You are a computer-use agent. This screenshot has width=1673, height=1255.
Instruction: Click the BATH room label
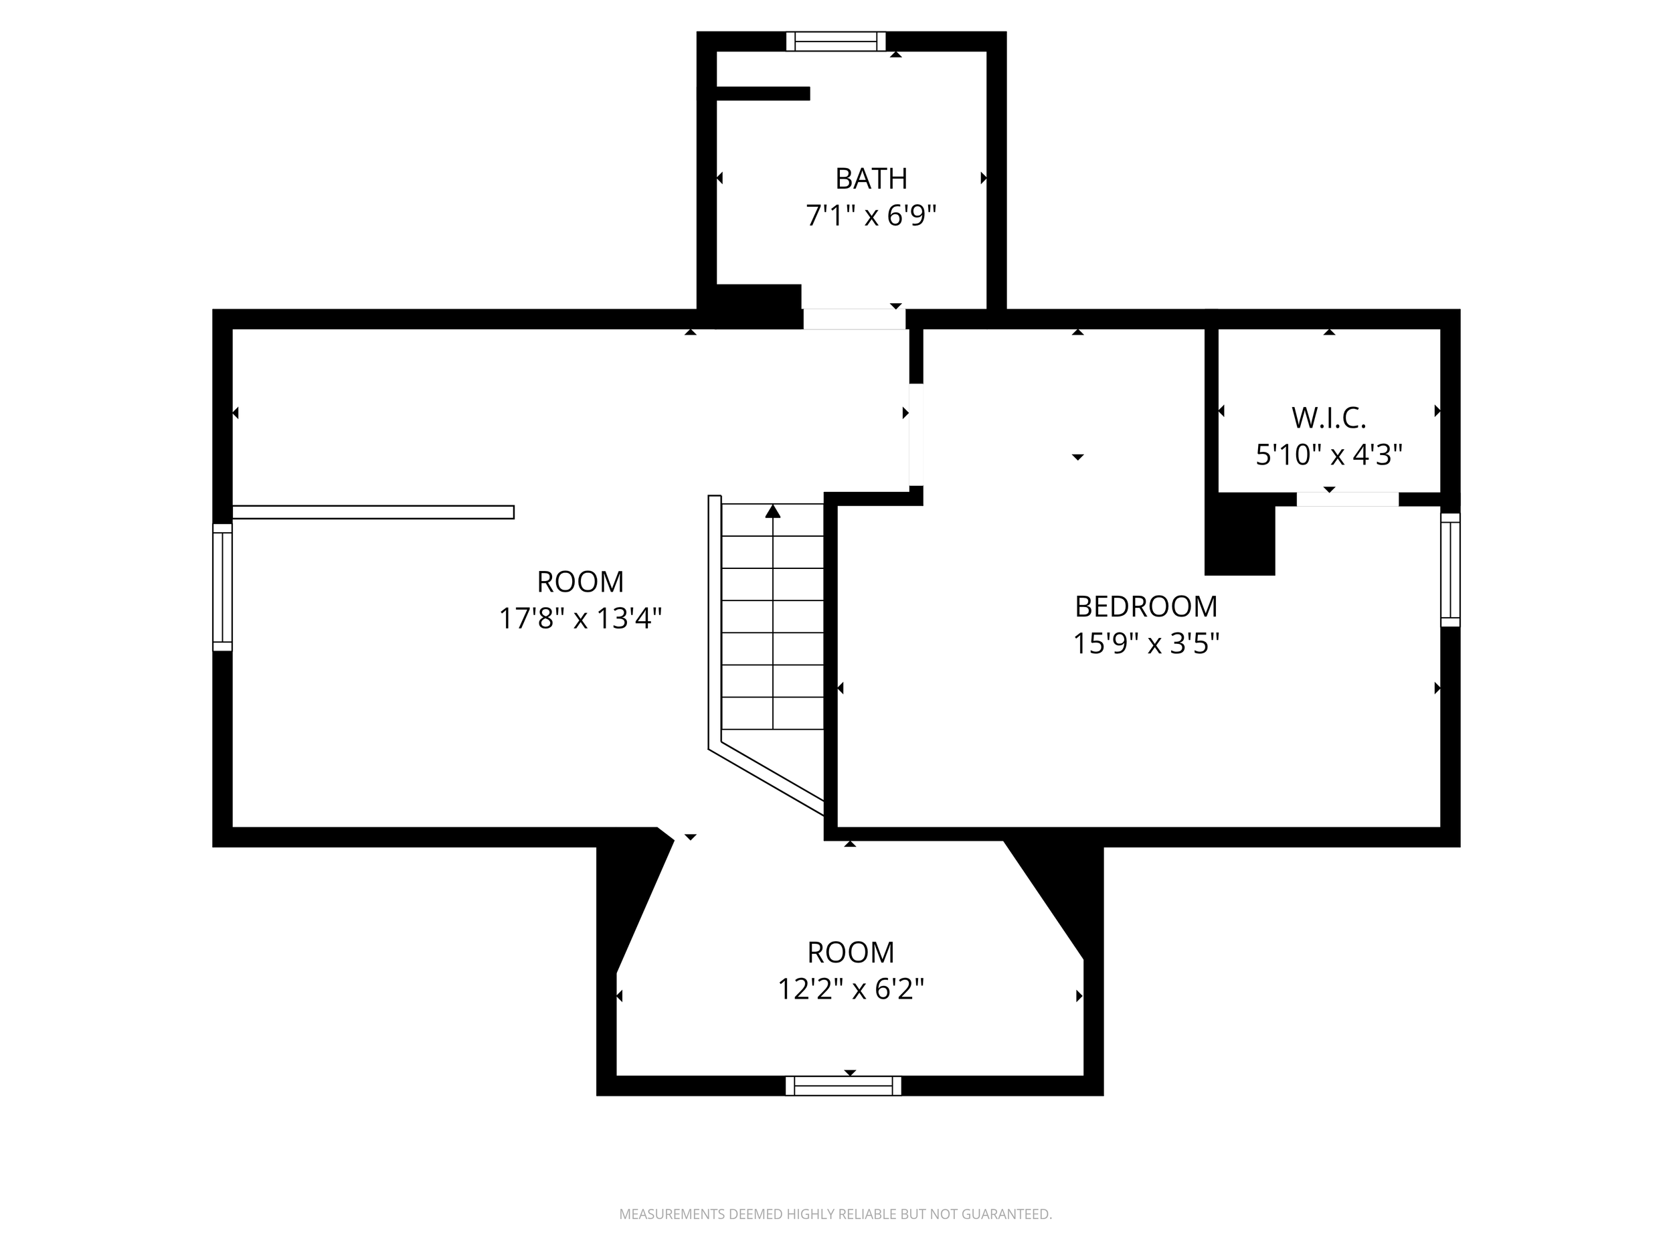tap(871, 179)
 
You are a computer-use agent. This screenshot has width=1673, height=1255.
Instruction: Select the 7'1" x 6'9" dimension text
tap(871, 216)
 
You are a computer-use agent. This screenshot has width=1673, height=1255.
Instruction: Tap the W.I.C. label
tap(1328, 418)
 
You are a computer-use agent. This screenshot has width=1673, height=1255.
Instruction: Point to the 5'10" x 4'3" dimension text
tap(1328, 454)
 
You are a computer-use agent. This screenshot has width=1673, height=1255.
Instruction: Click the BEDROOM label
tap(1146, 606)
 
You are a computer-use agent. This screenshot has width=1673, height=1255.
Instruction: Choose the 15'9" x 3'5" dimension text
tap(1146, 644)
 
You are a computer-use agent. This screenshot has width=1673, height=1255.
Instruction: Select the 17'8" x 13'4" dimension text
tap(580, 619)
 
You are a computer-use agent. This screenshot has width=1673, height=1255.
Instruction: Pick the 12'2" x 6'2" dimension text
tap(851, 989)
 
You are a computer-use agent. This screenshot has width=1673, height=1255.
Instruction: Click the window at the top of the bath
tap(836, 41)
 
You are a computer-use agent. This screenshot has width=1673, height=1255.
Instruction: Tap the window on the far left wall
tap(222, 587)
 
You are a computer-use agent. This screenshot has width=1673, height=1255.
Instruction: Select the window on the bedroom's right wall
tap(1450, 570)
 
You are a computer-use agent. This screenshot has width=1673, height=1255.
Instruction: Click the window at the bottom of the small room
tap(843, 1086)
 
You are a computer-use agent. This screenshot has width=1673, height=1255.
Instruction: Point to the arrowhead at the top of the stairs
tap(772, 511)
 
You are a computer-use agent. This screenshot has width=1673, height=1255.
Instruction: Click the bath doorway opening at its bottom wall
tap(854, 319)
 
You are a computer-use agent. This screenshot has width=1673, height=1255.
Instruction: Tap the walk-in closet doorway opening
tap(1347, 499)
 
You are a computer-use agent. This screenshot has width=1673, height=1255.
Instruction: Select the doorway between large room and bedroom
tap(916, 434)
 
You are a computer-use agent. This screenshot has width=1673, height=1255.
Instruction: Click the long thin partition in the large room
tap(373, 512)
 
